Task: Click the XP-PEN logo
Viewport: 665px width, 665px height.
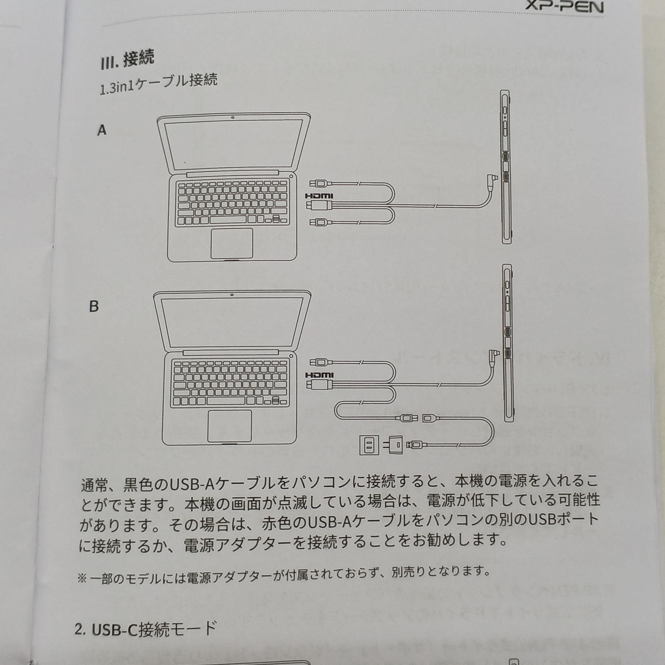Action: pyautogui.click(x=565, y=6)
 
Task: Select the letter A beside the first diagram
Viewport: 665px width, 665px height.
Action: pyautogui.click(x=102, y=130)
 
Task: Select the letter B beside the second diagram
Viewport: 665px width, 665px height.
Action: pyautogui.click(x=94, y=307)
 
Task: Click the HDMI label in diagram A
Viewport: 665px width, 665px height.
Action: pyautogui.click(x=319, y=196)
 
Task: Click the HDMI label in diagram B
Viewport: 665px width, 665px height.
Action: pyautogui.click(x=320, y=375)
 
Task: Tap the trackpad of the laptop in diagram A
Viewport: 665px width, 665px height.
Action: pyautogui.click(x=232, y=243)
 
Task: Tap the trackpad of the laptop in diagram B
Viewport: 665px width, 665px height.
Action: pyautogui.click(x=230, y=426)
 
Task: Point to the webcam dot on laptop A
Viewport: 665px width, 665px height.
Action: pyautogui.click(x=233, y=118)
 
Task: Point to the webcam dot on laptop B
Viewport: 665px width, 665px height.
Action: pyautogui.click(x=232, y=295)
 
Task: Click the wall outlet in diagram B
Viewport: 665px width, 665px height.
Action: pyautogui.click(x=369, y=445)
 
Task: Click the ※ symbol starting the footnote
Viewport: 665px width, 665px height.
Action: pyautogui.click(x=82, y=578)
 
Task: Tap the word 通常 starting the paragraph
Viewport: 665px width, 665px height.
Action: pyautogui.click(x=95, y=486)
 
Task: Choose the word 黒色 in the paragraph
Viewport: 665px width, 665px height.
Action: pyautogui.click(x=138, y=485)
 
